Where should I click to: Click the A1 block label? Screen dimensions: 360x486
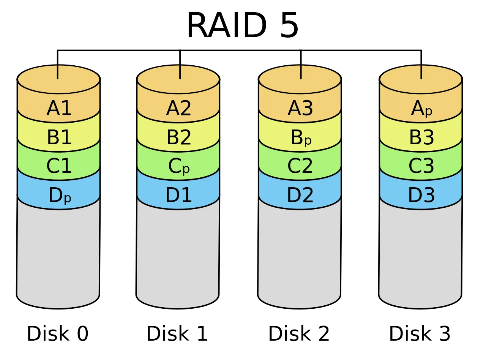click(59, 109)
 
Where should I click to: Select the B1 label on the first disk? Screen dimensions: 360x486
click(59, 137)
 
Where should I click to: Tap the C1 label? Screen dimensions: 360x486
click(59, 166)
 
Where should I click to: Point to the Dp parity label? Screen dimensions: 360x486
click(60, 196)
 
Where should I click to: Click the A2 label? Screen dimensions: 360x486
click(178, 109)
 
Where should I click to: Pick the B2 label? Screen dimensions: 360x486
click(178, 137)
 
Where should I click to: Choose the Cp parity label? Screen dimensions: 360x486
click(178, 166)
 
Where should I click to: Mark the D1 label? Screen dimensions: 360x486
click(178, 195)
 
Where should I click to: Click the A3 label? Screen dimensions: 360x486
click(300, 109)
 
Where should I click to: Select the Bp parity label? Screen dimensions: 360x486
click(301, 138)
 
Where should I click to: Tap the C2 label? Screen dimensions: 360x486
click(300, 166)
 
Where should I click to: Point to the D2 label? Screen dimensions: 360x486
click(300, 195)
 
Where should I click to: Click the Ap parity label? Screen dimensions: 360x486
click(421, 110)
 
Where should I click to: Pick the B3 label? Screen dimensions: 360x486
click(421, 137)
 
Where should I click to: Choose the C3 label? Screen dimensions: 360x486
click(421, 166)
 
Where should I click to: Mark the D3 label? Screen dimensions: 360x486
click(421, 195)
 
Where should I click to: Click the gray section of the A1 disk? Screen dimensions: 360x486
click(58, 254)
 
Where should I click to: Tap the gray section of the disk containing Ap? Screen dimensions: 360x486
click(420, 254)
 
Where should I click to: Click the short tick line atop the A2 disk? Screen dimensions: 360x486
click(180, 72)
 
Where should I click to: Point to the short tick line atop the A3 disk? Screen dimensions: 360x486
click(301, 72)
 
